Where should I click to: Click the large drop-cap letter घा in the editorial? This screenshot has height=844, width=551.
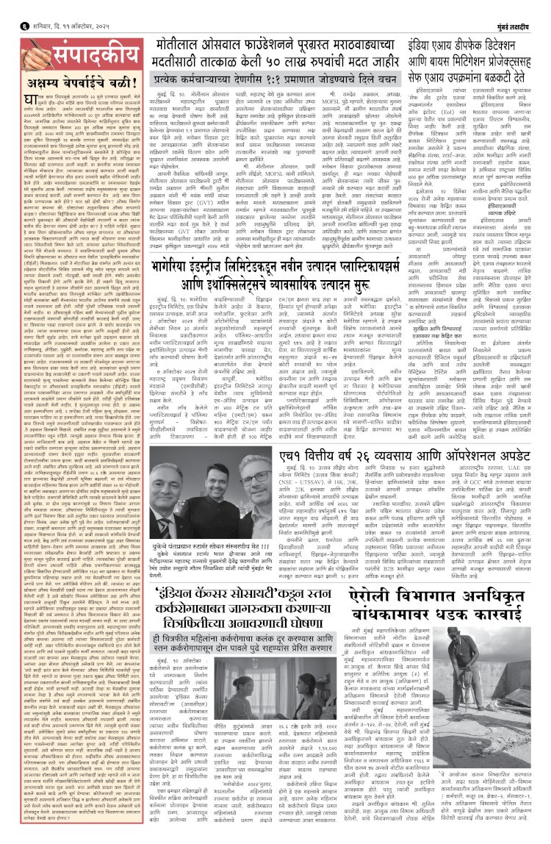click(32, 100)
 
